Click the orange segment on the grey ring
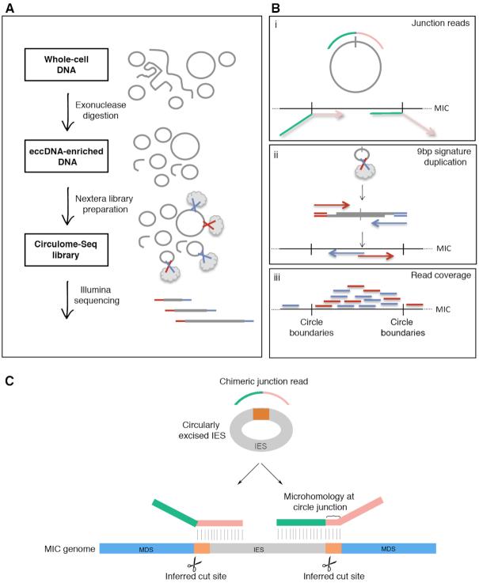(x=260, y=415)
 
